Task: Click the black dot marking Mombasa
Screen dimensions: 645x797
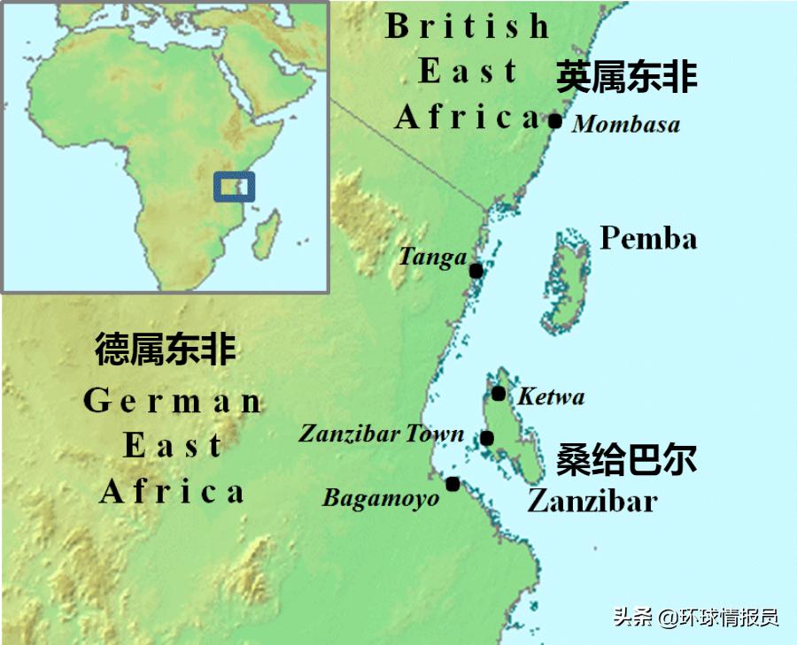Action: [x=555, y=121]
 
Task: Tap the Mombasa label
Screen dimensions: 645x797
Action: [x=626, y=124]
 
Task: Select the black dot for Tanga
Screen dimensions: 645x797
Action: [x=476, y=271]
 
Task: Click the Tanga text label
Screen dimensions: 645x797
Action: [x=432, y=257]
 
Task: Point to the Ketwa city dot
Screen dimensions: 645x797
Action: [x=499, y=393]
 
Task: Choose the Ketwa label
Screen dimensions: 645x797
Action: [x=551, y=396]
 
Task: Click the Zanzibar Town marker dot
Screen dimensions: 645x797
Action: [x=487, y=438]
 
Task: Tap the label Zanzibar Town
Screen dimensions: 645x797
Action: [x=381, y=434]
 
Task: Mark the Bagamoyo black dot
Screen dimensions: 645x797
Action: [x=453, y=484]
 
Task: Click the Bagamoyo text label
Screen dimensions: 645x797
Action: [x=381, y=498]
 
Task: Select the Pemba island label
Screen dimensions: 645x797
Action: [x=648, y=238]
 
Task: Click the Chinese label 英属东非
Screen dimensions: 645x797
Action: [x=627, y=78]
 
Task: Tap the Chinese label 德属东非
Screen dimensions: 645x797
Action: [x=166, y=349]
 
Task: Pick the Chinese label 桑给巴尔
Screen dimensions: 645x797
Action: [x=626, y=460]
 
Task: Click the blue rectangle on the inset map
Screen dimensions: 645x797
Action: [x=235, y=187]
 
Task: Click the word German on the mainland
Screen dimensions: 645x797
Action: [x=173, y=401]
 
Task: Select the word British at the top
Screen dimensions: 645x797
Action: [x=468, y=27]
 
